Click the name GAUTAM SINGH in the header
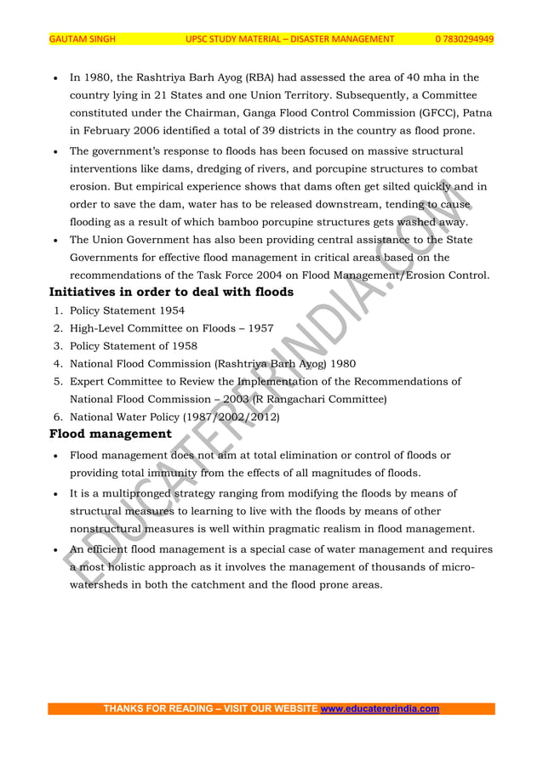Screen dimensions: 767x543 [82, 39]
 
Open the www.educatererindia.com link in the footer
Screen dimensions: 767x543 [379, 708]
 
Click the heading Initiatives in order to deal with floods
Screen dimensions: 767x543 [171, 293]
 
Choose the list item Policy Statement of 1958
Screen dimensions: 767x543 [133, 346]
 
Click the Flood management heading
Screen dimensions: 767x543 [110, 435]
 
